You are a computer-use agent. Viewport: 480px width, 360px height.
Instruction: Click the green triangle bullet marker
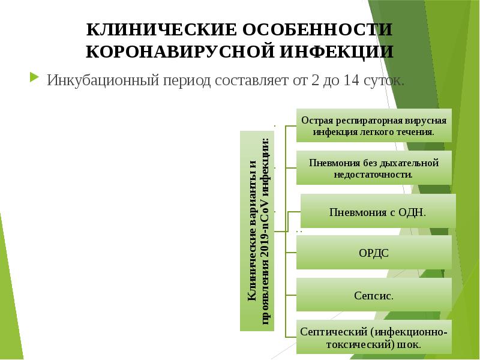pos(34,78)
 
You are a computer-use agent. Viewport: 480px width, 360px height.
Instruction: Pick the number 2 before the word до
pos(315,80)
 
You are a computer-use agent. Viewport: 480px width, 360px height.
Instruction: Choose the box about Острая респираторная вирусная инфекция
pos(374,125)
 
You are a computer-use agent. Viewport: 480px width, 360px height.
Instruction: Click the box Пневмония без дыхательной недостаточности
pos(374,168)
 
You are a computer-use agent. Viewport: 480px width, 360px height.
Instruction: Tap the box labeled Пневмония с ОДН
pos(377,211)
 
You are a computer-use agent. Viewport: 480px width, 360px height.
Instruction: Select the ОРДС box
pos(374,253)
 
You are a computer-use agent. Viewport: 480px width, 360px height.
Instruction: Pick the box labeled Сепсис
pos(374,295)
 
